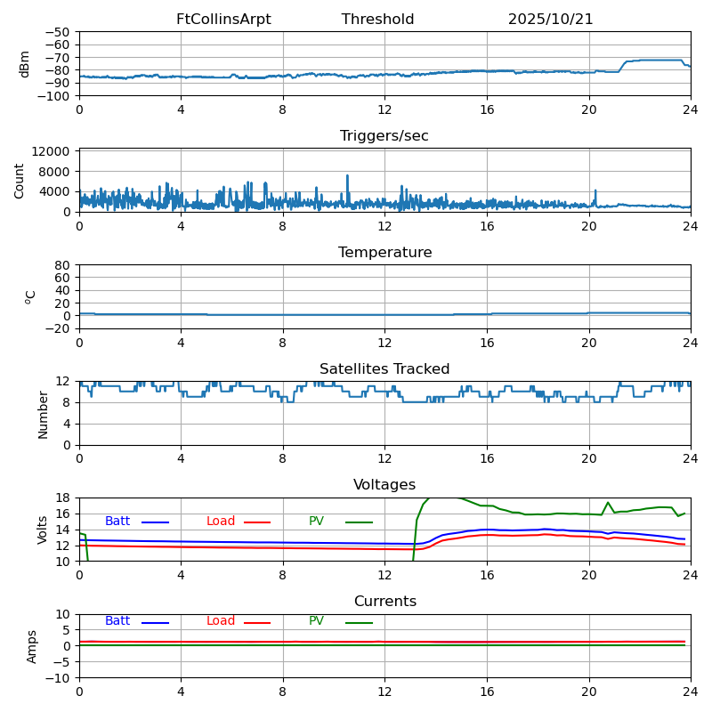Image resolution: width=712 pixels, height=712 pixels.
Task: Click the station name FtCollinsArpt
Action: [x=223, y=20]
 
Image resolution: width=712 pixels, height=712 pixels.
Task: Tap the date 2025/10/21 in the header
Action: [x=550, y=20]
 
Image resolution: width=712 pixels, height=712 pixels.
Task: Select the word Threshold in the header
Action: [x=377, y=20]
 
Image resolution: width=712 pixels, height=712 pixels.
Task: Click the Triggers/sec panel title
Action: [x=384, y=136]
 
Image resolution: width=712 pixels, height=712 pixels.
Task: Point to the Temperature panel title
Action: [x=384, y=253]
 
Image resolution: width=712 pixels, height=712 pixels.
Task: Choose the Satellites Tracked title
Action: [x=384, y=369]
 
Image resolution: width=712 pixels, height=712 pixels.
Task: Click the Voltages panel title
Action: [x=384, y=485]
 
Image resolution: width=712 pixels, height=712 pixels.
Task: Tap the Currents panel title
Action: [x=384, y=602]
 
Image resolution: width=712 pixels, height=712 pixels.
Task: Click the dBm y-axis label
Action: [x=25, y=63]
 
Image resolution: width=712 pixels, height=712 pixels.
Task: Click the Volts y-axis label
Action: [x=43, y=530]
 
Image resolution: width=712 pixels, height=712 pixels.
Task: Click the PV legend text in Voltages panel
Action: [x=316, y=522]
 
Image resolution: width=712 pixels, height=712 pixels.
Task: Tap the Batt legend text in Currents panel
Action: [x=117, y=621]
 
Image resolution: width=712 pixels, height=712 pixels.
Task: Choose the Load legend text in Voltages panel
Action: [x=221, y=522]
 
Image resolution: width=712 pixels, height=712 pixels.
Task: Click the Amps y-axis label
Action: [x=32, y=646]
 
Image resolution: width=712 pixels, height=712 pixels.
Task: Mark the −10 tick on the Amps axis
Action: [x=58, y=678]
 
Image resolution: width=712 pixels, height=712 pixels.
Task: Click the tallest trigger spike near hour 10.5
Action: [x=347, y=176]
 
